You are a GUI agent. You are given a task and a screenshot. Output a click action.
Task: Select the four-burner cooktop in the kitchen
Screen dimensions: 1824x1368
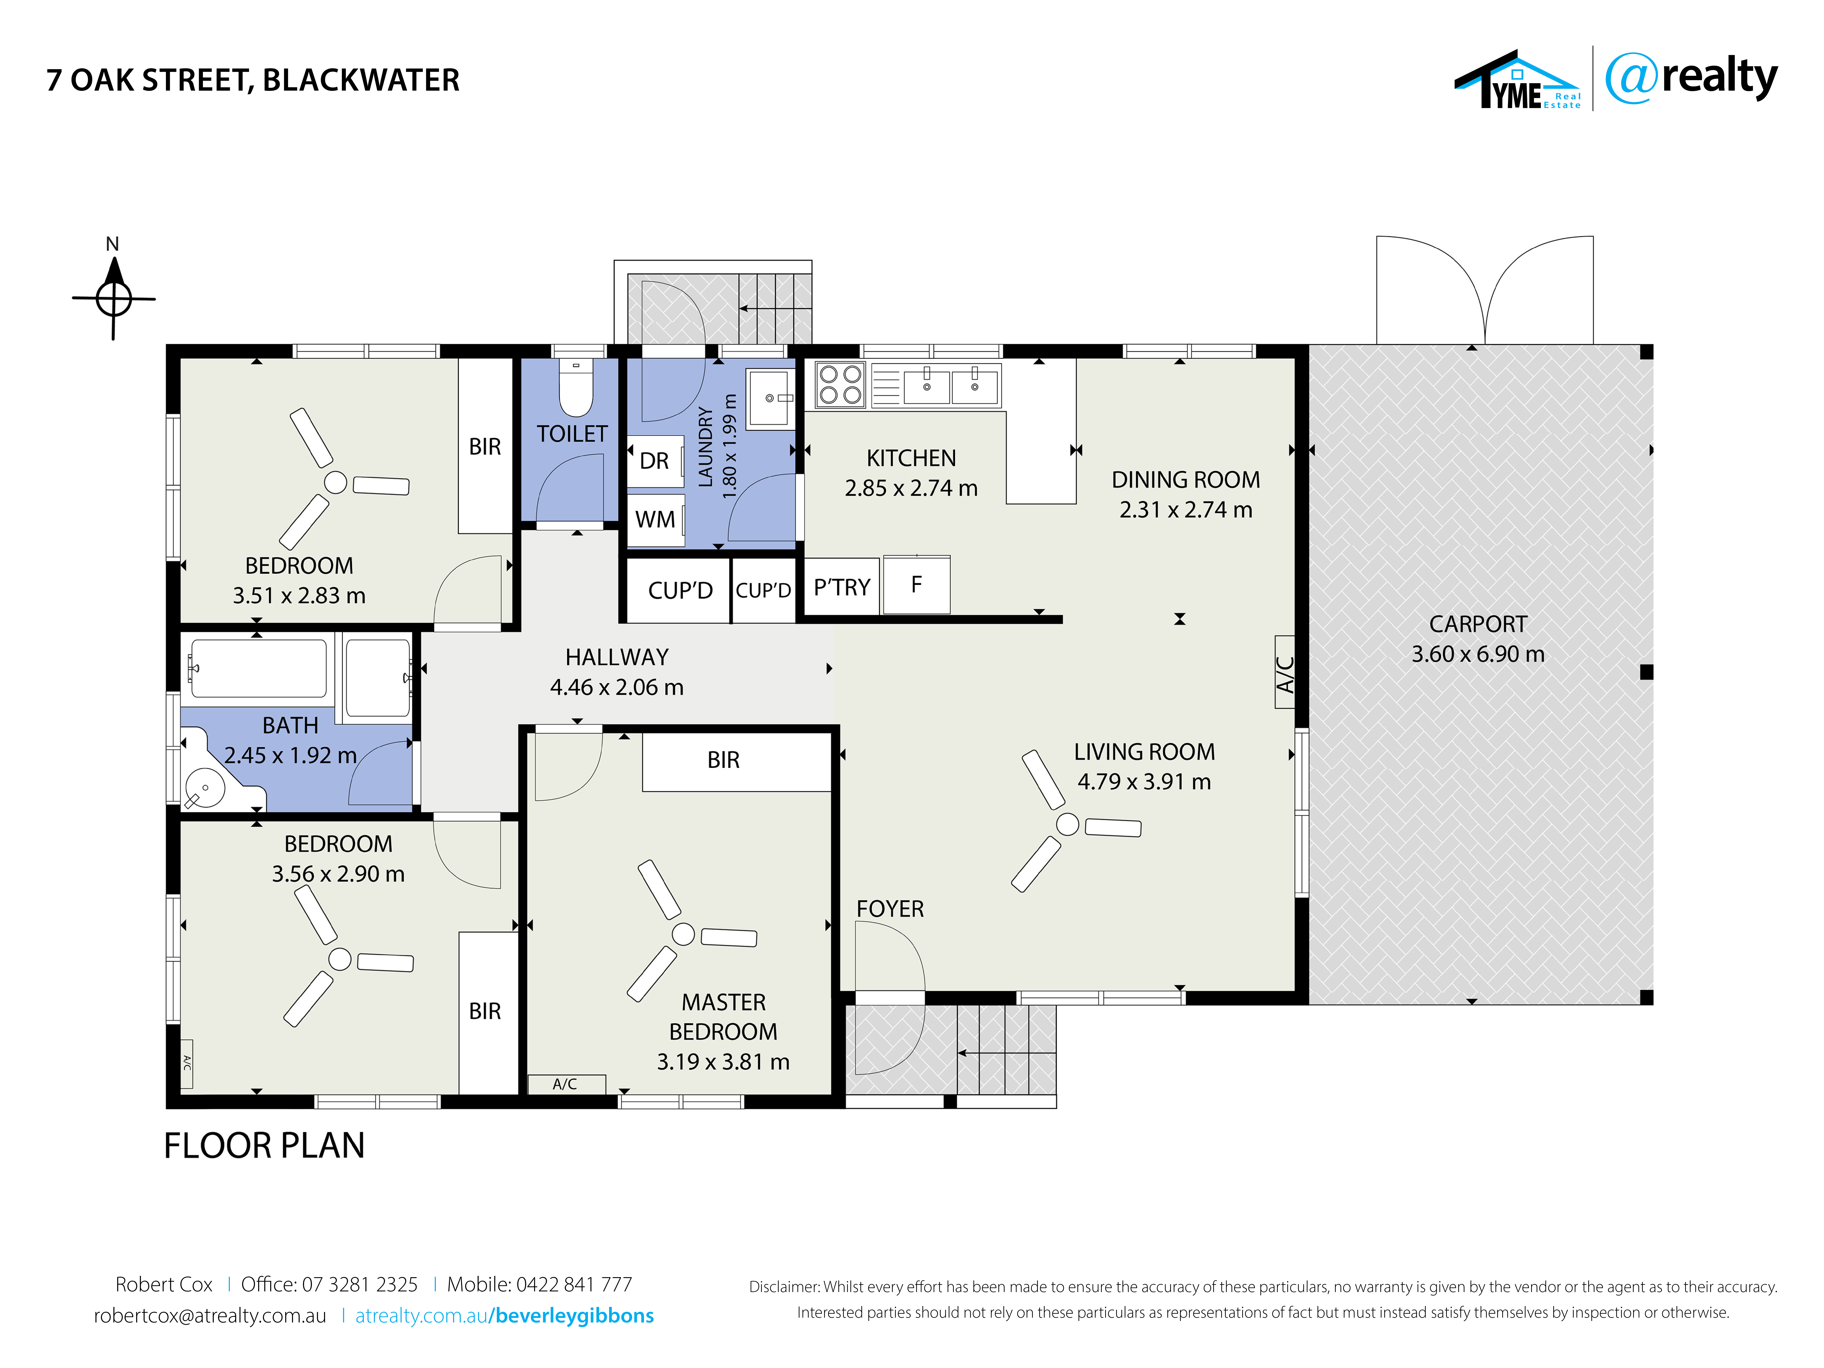click(840, 384)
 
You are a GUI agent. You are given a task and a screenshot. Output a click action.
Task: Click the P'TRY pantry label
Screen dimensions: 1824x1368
click(842, 587)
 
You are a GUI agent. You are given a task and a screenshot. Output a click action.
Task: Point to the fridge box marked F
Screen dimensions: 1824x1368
click(916, 585)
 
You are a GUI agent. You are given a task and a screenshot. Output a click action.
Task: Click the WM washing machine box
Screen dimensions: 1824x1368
click(656, 519)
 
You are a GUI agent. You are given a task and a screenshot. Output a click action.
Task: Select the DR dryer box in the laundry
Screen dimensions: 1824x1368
click(656, 460)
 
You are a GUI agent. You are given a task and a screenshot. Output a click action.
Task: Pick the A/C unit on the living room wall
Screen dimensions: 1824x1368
click(1285, 672)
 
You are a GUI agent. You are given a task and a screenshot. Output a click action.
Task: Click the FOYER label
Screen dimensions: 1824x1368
click(890, 909)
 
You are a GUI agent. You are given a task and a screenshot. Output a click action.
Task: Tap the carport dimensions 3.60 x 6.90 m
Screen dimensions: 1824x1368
click(1478, 654)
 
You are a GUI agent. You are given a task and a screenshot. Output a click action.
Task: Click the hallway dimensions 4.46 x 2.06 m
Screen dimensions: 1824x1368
click(617, 687)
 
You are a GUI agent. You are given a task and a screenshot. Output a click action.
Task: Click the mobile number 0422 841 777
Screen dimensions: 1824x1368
click(574, 1284)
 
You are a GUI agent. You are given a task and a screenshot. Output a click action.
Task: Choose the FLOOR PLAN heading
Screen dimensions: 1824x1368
click(264, 1145)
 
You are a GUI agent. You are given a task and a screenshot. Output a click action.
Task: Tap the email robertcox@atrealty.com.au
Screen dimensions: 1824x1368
click(210, 1315)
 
